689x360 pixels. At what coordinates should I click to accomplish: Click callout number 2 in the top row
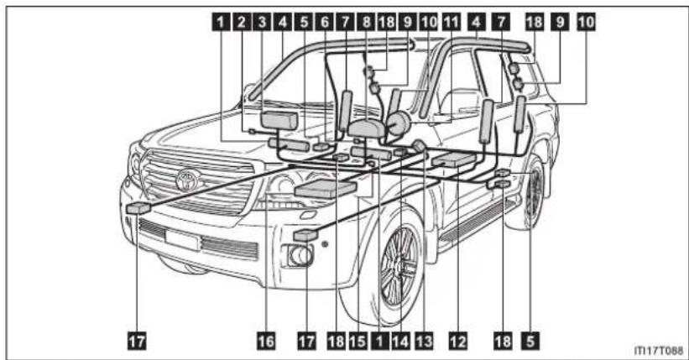[x=241, y=22]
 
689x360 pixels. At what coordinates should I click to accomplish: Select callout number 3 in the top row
[x=263, y=22]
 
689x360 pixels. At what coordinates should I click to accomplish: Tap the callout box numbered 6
[x=325, y=22]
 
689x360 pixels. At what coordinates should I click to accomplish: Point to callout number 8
[x=367, y=22]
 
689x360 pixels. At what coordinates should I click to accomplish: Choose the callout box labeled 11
[x=451, y=22]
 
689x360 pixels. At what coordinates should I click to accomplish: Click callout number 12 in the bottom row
[x=457, y=341]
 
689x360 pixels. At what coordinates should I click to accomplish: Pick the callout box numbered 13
[x=424, y=341]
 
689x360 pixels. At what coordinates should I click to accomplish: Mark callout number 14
[x=401, y=341]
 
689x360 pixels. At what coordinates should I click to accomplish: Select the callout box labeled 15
[x=358, y=341]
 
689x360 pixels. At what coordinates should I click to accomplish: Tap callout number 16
[x=266, y=341]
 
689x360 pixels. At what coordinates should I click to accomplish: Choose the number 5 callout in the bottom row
[x=530, y=341]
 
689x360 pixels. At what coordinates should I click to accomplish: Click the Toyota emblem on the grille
[x=188, y=180]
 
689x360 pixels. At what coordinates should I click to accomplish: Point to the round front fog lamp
[x=301, y=255]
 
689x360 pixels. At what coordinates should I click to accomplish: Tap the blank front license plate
[x=182, y=240]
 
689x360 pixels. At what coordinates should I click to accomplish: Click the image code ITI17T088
[x=658, y=350]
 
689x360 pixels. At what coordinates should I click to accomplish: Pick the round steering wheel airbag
[x=399, y=123]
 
